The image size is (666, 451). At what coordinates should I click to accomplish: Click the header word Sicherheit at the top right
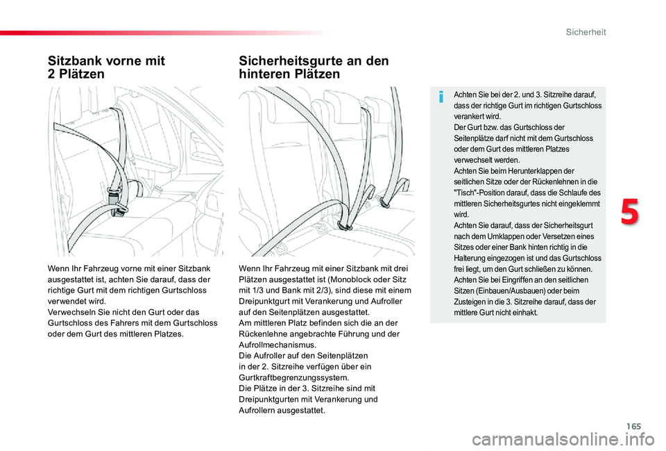coord(586,32)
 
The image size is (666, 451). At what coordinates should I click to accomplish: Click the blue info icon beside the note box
coord(441,98)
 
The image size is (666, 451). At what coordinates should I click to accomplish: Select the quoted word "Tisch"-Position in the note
coord(483,192)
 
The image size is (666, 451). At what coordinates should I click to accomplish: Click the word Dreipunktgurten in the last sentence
coord(270,399)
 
